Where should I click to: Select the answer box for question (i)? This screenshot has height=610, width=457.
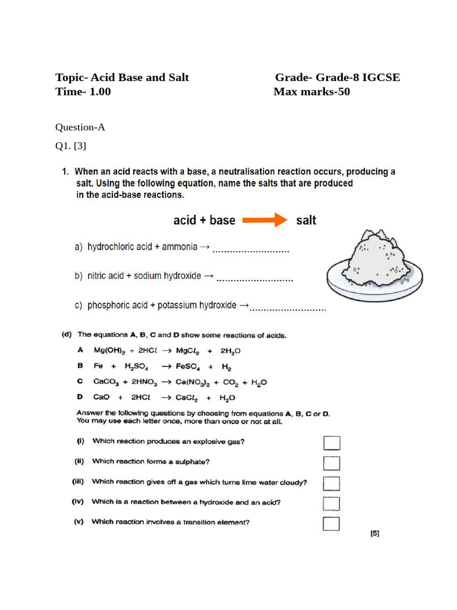click(331, 443)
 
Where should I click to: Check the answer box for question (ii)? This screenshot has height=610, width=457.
click(331, 463)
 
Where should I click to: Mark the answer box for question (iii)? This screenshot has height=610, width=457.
click(331, 483)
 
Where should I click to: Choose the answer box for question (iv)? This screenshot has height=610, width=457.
click(331, 503)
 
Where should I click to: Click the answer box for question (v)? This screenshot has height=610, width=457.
click(331, 524)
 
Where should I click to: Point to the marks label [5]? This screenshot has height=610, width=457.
click(374, 534)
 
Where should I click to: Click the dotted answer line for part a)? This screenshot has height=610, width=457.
click(251, 251)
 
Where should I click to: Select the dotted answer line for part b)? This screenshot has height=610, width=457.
click(255, 279)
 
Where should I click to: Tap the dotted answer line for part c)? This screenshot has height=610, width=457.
click(288, 309)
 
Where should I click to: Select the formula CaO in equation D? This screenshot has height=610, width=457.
click(101, 398)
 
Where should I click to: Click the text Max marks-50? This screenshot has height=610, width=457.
click(312, 92)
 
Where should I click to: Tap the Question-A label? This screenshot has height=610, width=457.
click(80, 127)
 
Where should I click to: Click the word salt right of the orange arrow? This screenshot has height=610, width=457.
click(306, 220)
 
